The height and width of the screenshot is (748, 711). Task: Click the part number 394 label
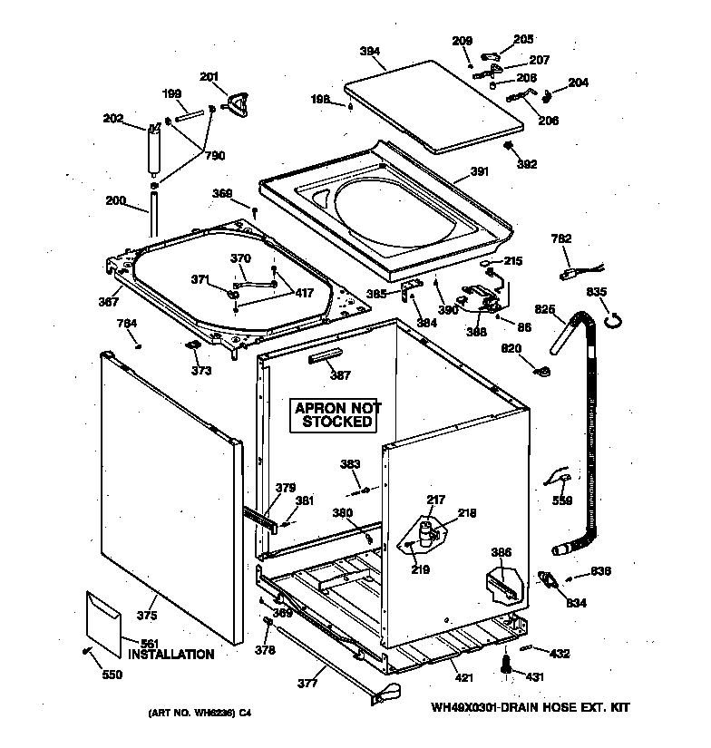tap(369, 52)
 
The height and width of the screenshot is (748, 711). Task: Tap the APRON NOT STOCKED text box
tap(337, 415)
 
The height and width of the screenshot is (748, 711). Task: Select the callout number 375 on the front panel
tap(146, 617)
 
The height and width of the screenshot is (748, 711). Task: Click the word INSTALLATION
tap(170, 654)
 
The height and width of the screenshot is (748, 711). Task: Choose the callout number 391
tap(479, 170)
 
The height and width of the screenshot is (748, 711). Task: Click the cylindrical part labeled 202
tap(153, 149)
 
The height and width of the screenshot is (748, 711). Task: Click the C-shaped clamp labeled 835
tap(615, 318)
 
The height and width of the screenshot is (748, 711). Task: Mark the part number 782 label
tap(561, 238)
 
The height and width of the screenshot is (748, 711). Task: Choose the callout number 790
tap(215, 155)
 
